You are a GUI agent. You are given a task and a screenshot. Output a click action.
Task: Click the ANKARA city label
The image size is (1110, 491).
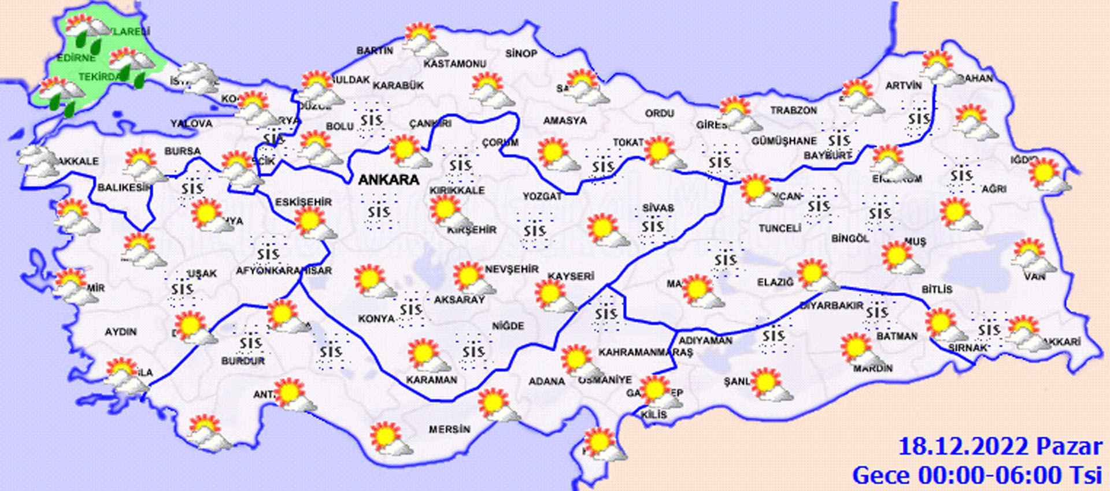(388, 180)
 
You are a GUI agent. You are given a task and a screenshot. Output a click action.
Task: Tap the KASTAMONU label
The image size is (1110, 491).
(455, 64)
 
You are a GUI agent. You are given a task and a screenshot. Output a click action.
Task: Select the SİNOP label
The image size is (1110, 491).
(521, 54)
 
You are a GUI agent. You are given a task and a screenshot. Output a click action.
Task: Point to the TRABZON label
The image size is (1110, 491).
(794, 110)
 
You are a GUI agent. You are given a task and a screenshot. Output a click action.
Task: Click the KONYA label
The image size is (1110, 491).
(376, 319)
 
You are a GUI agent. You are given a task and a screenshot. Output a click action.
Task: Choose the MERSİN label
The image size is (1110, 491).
(449, 430)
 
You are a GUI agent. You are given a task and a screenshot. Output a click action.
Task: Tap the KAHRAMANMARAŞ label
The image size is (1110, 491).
(645, 352)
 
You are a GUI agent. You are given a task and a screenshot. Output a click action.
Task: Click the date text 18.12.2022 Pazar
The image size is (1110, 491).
(1000, 446)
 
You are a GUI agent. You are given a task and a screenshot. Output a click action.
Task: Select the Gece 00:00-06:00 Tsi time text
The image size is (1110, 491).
(977, 475)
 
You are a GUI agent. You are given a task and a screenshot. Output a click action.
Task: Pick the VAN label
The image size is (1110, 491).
(1035, 276)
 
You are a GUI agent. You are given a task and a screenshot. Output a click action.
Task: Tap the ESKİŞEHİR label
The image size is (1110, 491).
(304, 202)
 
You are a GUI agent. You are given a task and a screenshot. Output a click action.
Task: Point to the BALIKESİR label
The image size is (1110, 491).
(124, 187)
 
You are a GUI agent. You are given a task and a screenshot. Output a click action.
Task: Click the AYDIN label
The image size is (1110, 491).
(121, 332)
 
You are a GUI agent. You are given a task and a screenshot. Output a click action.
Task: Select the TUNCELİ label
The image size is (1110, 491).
(780, 228)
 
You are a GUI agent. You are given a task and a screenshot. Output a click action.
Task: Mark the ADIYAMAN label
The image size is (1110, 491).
(705, 341)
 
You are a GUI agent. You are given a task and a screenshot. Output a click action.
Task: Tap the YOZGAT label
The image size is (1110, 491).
(542, 197)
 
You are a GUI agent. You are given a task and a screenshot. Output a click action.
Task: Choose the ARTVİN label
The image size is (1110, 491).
(904, 86)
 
